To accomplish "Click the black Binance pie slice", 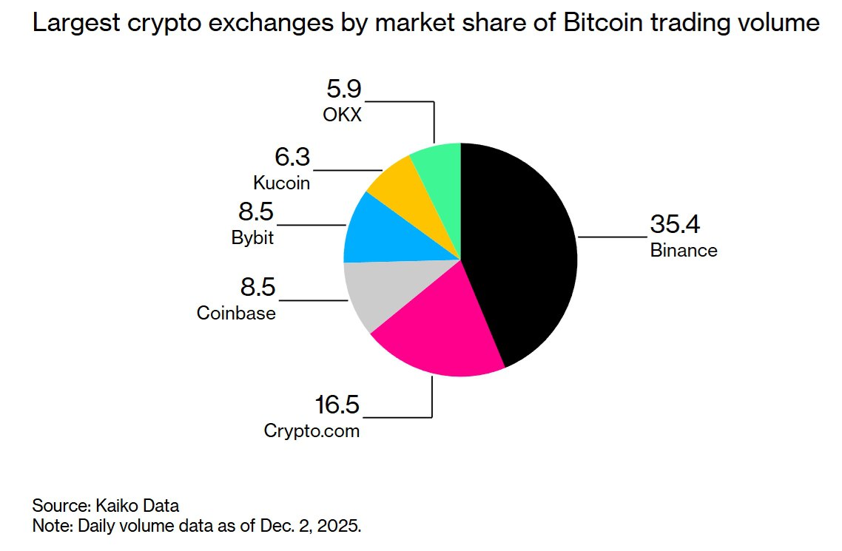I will (518, 251).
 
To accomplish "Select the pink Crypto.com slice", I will (437, 333).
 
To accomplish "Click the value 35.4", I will (675, 224).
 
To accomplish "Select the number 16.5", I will (337, 405).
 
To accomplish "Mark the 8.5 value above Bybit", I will (255, 213).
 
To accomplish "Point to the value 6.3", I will (292, 158).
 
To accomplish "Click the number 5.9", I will (343, 89).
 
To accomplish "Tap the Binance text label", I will (684, 250).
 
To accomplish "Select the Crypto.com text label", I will (311, 431).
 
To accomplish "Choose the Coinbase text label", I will (236, 313).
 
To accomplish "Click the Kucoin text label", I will (281, 183).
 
